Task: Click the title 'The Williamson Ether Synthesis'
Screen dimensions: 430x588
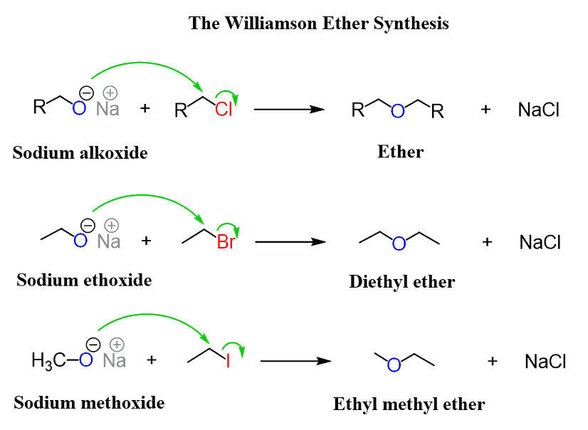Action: (318, 23)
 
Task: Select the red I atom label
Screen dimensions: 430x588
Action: (228, 362)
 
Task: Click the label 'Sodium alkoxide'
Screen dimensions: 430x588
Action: (80, 152)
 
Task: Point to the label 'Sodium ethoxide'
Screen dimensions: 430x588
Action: (84, 280)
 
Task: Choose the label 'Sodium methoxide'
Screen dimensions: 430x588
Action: (89, 403)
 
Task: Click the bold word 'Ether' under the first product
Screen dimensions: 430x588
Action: (400, 152)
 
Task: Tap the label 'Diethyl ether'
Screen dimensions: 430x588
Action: (401, 282)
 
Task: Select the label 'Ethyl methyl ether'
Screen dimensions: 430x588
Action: (409, 405)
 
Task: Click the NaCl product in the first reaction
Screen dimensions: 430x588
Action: (539, 110)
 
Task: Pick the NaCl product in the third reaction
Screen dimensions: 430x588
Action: (545, 362)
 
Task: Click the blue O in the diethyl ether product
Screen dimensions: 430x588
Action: (399, 244)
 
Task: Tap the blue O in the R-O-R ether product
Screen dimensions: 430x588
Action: (399, 111)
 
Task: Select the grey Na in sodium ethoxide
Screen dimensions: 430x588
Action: (109, 241)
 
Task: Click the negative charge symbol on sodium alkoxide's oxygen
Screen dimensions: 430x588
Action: (85, 93)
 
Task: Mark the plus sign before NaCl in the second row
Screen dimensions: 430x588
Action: (487, 242)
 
